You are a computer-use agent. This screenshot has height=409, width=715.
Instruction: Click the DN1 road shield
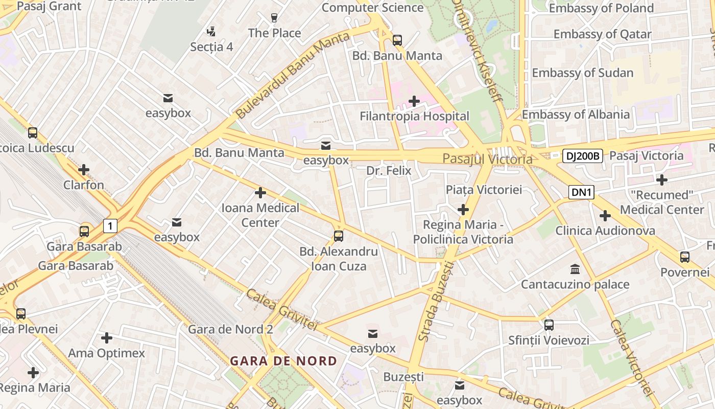pos(582,192)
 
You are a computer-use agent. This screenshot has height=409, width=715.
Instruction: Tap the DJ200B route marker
pos(583,156)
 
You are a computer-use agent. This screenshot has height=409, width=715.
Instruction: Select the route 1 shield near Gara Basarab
pos(110,225)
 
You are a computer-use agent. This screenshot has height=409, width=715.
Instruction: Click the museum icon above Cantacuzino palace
pos(575,269)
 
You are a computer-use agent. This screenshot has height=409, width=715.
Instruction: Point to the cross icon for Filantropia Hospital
pos(414,101)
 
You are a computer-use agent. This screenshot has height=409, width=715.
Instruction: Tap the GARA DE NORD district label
pos(283,361)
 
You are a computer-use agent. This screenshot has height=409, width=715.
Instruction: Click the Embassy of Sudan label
pos(582,73)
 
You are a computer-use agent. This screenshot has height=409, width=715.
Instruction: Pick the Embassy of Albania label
pos(576,114)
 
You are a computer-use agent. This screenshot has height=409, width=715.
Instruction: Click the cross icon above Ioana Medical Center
pos(260,193)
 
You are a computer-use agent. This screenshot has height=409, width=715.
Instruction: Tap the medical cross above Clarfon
pos(84,170)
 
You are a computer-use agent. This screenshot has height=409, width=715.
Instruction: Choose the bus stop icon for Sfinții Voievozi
pos(549,325)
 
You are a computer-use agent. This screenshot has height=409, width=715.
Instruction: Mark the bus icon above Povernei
pos(685,257)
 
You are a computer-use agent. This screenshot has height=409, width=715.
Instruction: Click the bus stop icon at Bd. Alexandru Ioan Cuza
pos(338,236)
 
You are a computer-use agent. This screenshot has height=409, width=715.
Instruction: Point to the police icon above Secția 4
pos(211,32)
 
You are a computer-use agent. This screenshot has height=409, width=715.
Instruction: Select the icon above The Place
pos(274,18)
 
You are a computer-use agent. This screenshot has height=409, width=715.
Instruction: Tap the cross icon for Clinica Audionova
pos(605,216)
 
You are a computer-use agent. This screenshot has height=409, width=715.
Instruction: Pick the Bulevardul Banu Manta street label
pos(294,74)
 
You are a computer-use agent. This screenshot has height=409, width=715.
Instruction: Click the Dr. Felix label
pos(389,170)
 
